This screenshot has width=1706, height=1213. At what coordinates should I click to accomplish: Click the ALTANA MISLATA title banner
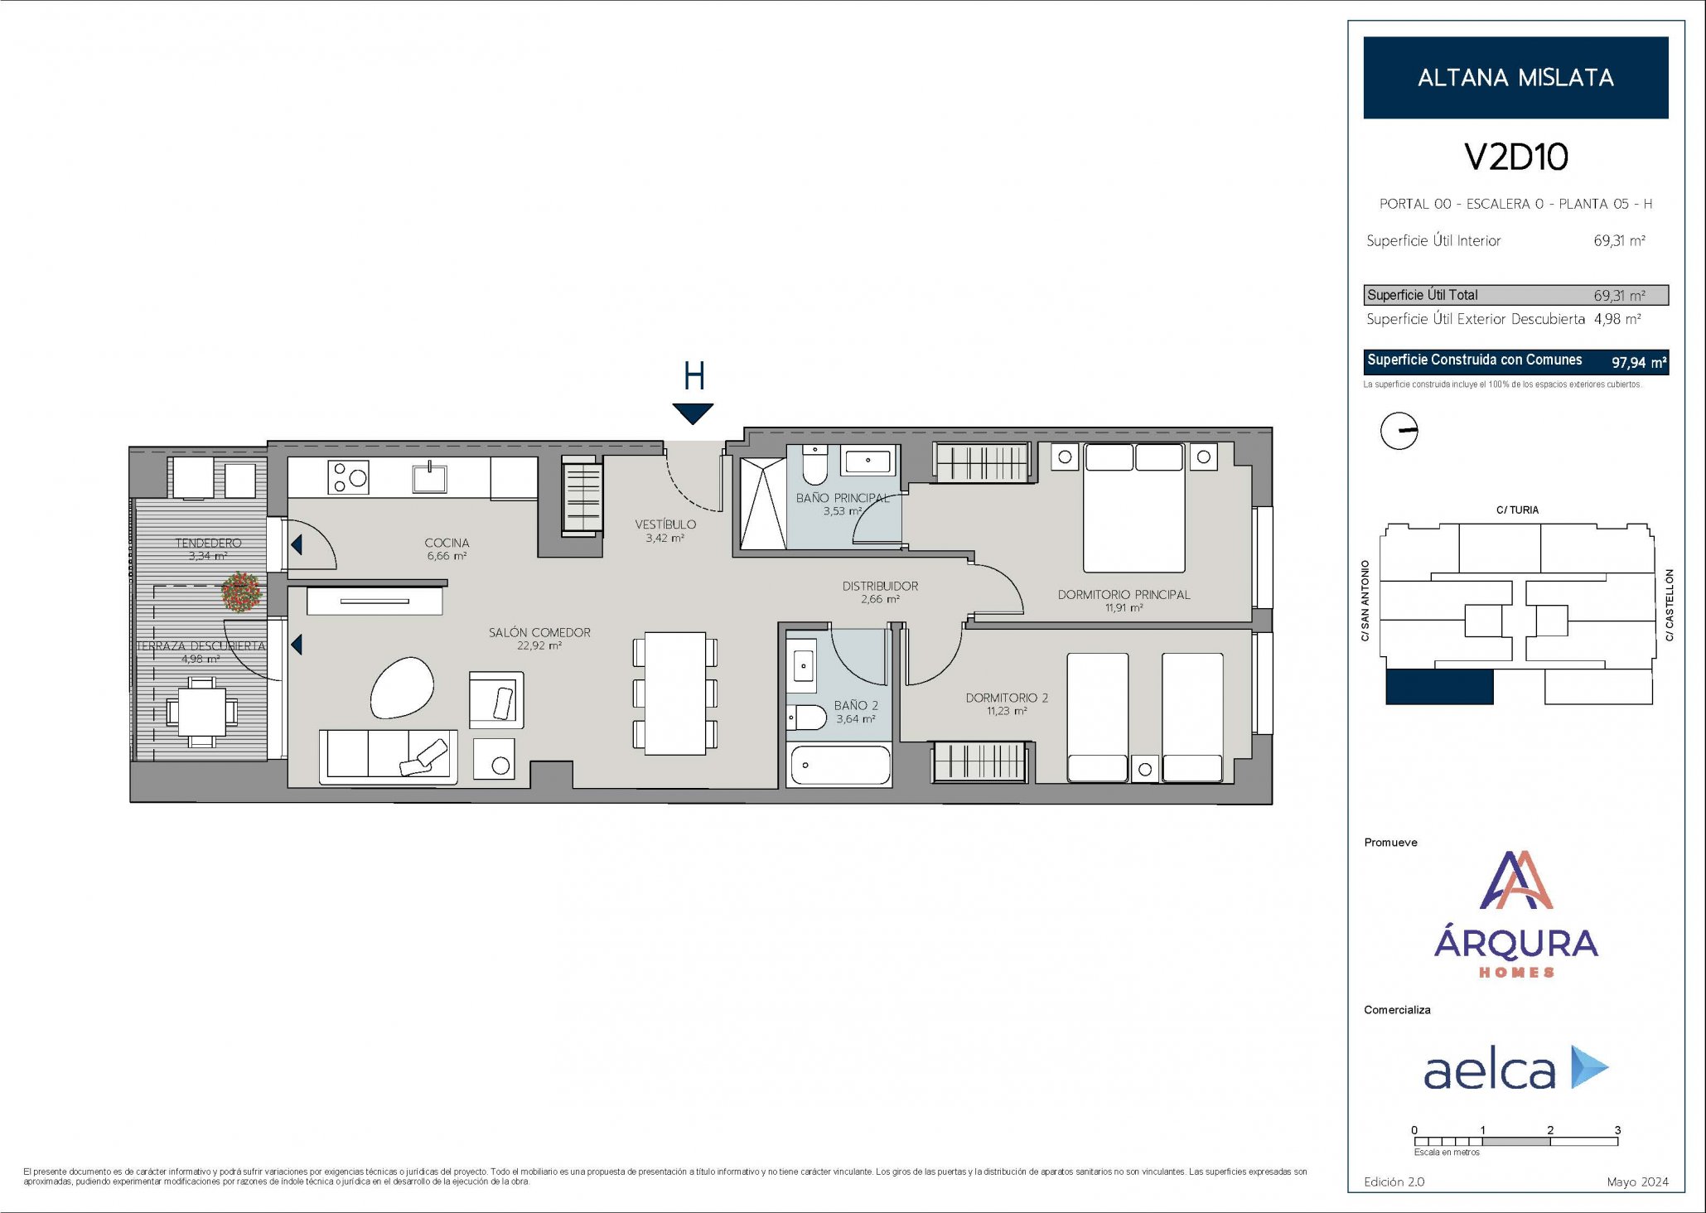tap(1515, 77)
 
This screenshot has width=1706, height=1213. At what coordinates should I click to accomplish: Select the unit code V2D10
tap(1516, 157)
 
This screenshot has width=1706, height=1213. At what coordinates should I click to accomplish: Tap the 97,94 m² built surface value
tap(1638, 362)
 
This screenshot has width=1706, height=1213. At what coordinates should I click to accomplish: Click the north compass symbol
tap(1399, 431)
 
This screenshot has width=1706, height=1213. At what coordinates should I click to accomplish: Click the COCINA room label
tap(447, 543)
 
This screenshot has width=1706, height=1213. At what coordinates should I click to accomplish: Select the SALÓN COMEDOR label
tap(539, 632)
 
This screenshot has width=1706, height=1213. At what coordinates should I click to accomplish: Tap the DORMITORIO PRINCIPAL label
tap(1124, 594)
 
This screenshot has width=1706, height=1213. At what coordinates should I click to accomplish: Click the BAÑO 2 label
tap(856, 705)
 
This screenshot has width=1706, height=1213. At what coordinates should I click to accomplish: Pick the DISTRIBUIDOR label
tap(880, 586)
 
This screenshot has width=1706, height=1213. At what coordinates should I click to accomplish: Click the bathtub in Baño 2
tap(839, 766)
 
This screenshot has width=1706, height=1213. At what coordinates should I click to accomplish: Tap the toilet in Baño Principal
tap(815, 465)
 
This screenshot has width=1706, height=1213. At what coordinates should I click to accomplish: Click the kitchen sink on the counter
tap(430, 477)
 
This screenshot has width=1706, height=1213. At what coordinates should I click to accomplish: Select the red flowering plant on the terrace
tap(242, 592)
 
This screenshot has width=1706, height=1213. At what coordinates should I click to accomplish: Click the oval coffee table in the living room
tap(402, 687)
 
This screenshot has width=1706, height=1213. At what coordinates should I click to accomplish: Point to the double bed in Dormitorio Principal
tap(1133, 508)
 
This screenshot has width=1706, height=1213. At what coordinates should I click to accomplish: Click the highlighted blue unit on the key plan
tap(1439, 687)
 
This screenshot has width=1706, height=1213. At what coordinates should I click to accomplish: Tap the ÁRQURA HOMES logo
tap(1516, 915)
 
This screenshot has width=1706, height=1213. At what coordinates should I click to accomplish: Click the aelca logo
tap(1516, 1068)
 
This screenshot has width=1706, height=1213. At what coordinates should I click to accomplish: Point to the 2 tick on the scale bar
tap(1550, 1130)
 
